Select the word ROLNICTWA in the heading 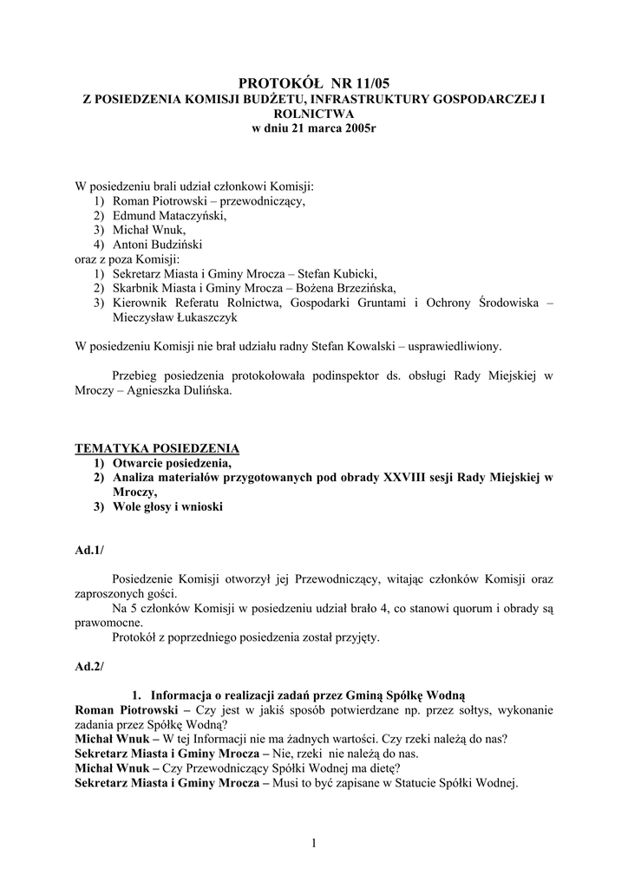(314, 114)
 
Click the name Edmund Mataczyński (169, 216)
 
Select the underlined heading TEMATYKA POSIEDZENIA (157, 448)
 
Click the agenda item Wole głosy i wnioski (168, 506)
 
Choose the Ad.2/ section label (89, 666)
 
